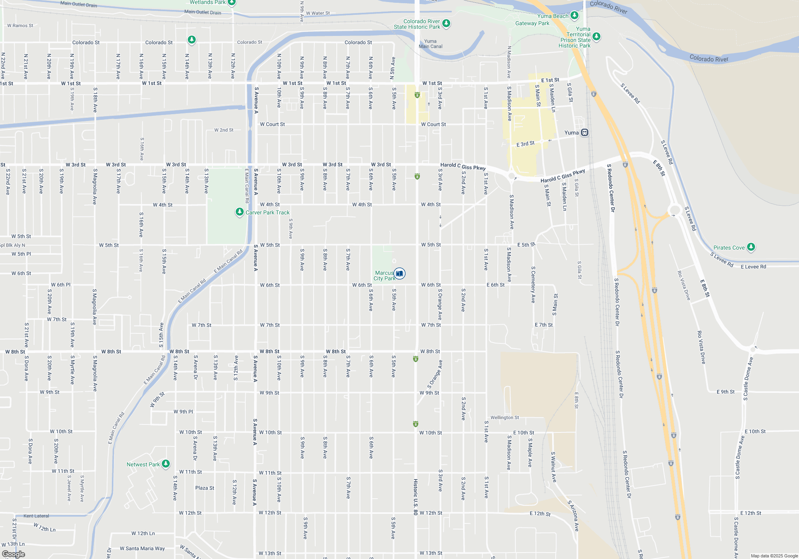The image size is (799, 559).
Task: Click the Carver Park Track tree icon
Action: pos(239,212)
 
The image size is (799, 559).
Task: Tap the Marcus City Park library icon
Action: pos(399,274)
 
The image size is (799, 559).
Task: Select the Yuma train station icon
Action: pos(584,133)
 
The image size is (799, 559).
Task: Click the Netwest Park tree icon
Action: pos(166,464)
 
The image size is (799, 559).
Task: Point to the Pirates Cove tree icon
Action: pos(751,247)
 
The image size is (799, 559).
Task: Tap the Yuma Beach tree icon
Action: pos(574,16)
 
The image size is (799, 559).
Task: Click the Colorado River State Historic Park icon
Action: pos(446,24)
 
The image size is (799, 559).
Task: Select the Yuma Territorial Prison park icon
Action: pos(596,37)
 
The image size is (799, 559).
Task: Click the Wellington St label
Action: pos(505,418)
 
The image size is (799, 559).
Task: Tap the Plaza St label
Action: pos(205,488)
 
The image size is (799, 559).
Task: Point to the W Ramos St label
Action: pos(20,26)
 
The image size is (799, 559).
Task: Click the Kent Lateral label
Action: pos(36,516)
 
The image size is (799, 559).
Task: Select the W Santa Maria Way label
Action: pos(142,549)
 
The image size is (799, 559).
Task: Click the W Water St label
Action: pos(318,13)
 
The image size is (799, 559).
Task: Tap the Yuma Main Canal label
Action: pos(430,44)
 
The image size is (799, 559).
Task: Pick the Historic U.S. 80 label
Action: pos(415,497)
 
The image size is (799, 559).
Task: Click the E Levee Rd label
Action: pos(753,267)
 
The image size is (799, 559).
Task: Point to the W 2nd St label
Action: pos(224,130)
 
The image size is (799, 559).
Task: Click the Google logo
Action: pos(14,554)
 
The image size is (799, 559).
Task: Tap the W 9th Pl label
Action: pos(183,412)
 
